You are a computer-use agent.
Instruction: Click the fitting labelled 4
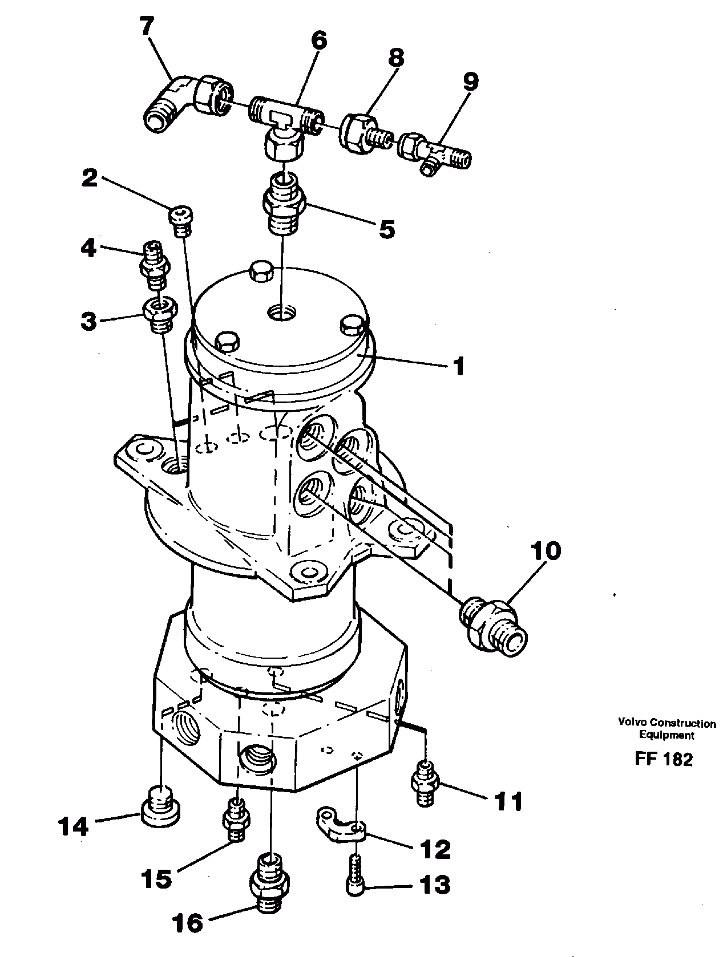pyautogui.click(x=153, y=265)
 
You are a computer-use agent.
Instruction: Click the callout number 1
pyautogui.click(x=458, y=366)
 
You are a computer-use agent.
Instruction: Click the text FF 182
pyautogui.click(x=663, y=759)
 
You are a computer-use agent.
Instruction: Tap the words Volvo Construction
pyautogui.click(x=667, y=724)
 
